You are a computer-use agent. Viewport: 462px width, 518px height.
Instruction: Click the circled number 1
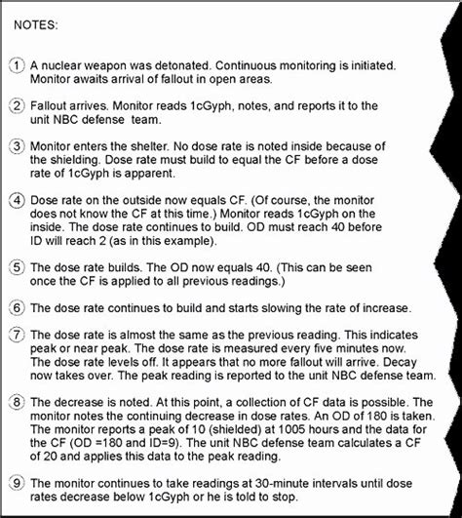coord(17,64)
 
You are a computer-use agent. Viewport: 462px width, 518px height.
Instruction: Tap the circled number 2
coord(17,104)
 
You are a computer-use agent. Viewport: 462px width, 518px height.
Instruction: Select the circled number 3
coord(17,145)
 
